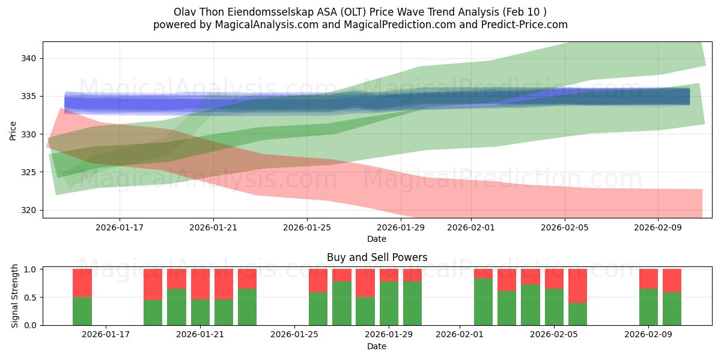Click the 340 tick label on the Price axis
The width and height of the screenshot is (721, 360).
click(x=28, y=59)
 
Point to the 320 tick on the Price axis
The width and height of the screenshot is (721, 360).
click(x=28, y=210)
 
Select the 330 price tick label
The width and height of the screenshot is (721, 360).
click(x=28, y=134)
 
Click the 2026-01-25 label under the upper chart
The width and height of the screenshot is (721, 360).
click(x=307, y=227)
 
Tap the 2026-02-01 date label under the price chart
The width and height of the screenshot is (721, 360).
click(x=471, y=227)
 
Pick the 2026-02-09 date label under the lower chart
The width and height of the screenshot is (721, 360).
click(x=648, y=335)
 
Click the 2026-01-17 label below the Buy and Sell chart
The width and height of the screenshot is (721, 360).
click(x=106, y=335)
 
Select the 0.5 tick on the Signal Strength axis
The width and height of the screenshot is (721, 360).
click(x=30, y=298)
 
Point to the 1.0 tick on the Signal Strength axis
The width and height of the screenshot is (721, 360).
click(x=30, y=269)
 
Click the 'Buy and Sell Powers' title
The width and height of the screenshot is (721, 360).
click(x=377, y=257)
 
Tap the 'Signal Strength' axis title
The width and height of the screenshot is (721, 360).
click(x=14, y=296)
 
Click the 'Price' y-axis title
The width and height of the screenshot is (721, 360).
click(x=13, y=131)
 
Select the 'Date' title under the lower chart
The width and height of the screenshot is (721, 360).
click(x=377, y=347)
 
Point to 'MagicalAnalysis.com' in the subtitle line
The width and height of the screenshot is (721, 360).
click(x=267, y=25)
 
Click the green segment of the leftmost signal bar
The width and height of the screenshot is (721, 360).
click(x=82, y=311)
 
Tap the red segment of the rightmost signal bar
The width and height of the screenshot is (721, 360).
click(x=672, y=281)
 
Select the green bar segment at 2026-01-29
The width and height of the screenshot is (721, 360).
click(x=389, y=304)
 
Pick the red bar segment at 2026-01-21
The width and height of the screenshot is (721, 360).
click(x=200, y=284)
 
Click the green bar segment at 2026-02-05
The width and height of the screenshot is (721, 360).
click(x=554, y=307)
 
